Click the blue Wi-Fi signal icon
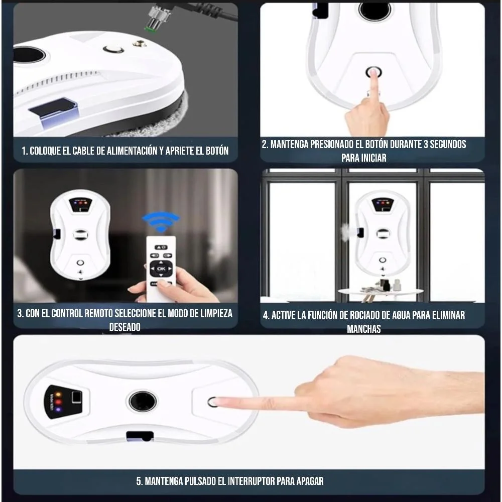tap(161, 221)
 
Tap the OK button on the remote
tap(161, 268)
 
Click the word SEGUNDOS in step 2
tap(448, 145)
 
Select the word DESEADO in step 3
tap(125, 327)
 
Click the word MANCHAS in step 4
tap(363, 329)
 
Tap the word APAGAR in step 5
tap(310, 481)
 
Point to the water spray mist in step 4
tap(345, 231)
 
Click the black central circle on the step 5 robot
tap(143, 401)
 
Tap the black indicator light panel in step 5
tap(63, 402)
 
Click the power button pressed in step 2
tap(373, 72)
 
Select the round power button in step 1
tap(113, 49)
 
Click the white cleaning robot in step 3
tap(80, 234)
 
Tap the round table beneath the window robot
tap(381, 291)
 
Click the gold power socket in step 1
tap(140, 43)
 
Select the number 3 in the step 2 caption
tap(426, 145)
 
